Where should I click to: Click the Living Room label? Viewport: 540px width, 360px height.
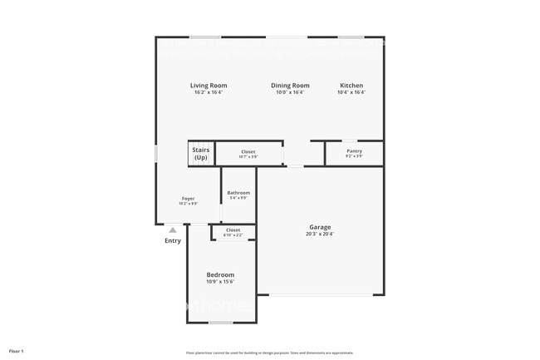pyautogui.click(x=209, y=86)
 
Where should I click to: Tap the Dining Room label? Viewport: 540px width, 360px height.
pyautogui.click(x=290, y=86)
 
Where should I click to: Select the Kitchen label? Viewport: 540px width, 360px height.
pyautogui.click(x=351, y=86)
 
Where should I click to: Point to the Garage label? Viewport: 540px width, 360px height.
pyautogui.click(x=321, y=227)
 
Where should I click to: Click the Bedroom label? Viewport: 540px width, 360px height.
pyautogui.click(x=220, y=274)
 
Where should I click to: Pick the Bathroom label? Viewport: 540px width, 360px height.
pyautogui.click(x=238, y=193)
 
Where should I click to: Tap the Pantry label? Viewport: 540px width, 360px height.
pyautogui.click(x=355, y=151)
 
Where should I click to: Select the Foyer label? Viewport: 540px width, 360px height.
pyautogui.click(x=189, y=199)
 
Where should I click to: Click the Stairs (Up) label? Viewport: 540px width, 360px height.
pyautogui.click(x=201, y=154)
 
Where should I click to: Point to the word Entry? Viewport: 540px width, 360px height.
pyautogui.click(x=172, y=241)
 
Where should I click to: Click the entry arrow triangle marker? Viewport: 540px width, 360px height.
pyautogui.click(x=172, y=230)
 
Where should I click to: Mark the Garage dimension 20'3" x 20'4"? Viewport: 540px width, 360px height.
pyautogui.click(x=321, y=234)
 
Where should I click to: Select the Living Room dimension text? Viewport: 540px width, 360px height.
pyautogui.click(x=209, y=92)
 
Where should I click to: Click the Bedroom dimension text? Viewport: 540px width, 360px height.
pyautogui.click(x=220, y=282)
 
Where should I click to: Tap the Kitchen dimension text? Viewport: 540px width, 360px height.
pyautogui.click(x=351, y=92)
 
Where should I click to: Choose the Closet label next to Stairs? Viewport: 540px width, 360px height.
pyautogui.click(x=248, y=151)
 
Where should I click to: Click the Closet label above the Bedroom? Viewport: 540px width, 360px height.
pyautogui.click(x=233, y=230)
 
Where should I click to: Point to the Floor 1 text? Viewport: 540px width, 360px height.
pyautogui.click(x=17, y=351)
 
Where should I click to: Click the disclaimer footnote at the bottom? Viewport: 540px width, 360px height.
pyautogui.click(x=269, y=353)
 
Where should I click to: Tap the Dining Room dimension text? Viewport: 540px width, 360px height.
pyautogui.click(x=290, y=92)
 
